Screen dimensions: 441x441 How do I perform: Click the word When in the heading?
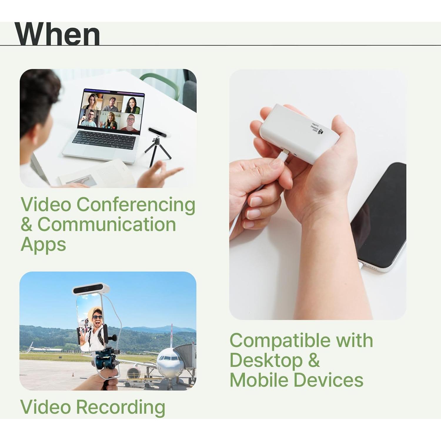(57, 34)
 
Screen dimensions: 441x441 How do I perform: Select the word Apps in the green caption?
(43, 245)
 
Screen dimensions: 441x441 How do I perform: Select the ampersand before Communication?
(26, 225)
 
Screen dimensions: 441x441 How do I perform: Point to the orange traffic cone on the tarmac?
(73, 375)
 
